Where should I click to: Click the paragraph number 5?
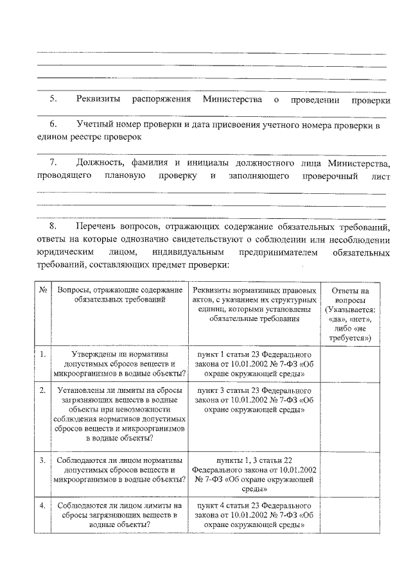tap(54, 100)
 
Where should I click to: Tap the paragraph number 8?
tap(54, 227)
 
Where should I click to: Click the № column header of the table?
tap(42, 290)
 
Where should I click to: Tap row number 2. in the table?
tap(42, 390)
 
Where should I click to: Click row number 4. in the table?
tap(42, 505)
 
